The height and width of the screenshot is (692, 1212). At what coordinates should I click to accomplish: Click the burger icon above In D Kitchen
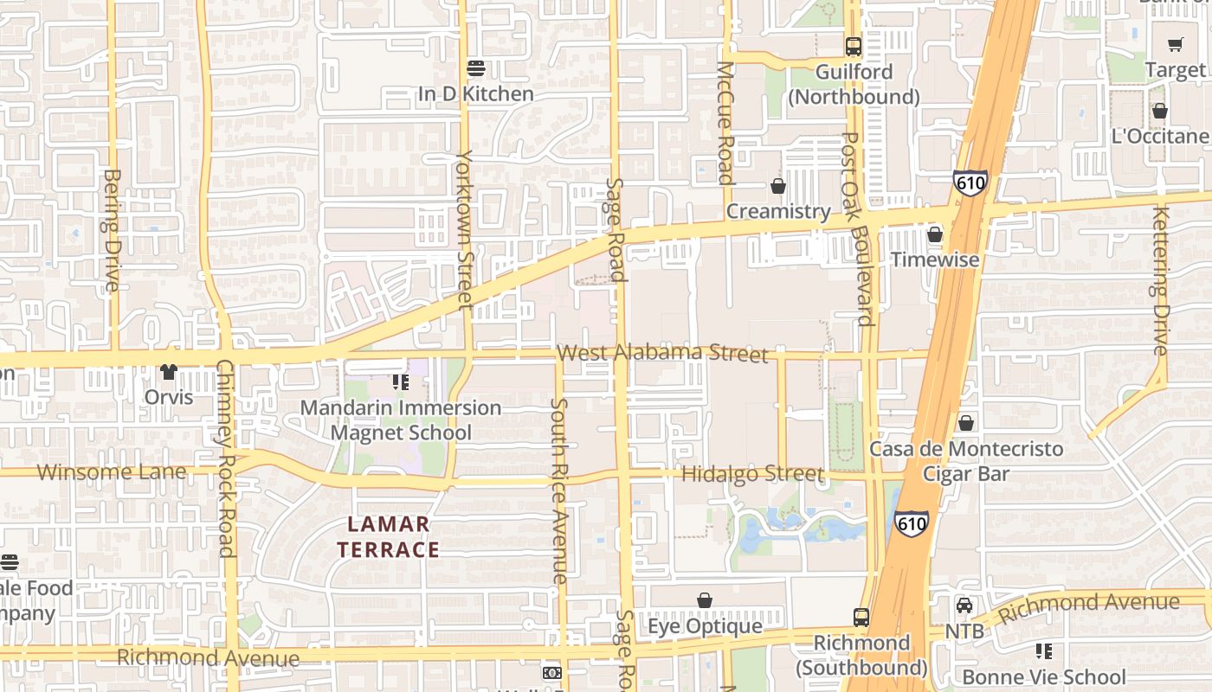click(475, 67)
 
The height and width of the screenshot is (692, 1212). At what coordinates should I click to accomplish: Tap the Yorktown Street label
click(466, 229)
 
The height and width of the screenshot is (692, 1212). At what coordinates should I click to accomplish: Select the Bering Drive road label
click(112, 230)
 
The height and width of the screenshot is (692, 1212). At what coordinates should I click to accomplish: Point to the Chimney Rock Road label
click(225, 458)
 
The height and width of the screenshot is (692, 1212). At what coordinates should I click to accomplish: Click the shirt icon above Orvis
click(168, 372)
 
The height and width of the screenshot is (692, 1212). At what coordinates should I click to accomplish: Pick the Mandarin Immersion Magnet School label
click(401, 420)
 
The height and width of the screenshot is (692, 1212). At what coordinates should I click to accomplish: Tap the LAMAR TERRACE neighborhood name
click(389, 536)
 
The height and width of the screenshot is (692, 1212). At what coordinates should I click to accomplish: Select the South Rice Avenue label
click(560, 490)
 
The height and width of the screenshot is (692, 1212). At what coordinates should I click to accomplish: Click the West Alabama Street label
click(662, 353)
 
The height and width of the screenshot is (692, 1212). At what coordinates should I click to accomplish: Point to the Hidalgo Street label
click(751, 474)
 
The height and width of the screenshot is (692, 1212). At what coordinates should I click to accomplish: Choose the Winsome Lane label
click(112, 471)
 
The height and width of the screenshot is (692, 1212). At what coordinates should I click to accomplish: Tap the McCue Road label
click(725, 123)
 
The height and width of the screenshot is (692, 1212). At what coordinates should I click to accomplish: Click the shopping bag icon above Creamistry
click(778, 186)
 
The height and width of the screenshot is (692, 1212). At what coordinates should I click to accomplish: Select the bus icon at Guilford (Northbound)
click(854, 46)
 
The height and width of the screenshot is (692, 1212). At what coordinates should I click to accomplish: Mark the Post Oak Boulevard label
click(858, 228)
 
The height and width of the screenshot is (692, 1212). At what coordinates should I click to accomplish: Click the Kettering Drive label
click(1161, 280)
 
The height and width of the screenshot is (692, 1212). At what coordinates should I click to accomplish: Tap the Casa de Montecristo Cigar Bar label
click(965, 461)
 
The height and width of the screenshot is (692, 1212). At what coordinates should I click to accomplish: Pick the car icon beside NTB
click(964, 605)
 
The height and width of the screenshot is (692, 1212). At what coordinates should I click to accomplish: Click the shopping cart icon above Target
click(1175, 44)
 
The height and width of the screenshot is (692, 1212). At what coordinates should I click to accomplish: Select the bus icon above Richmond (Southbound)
click(861, 618)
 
